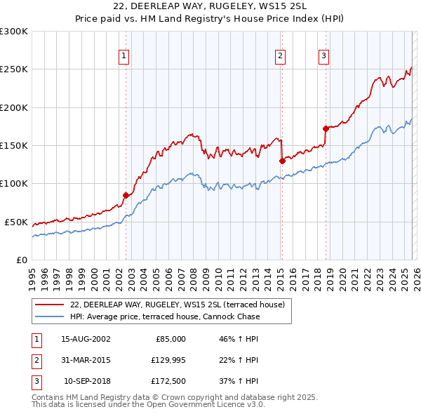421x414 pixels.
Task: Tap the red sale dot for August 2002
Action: [126, 195]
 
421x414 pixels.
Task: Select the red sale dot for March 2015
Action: [282, 161]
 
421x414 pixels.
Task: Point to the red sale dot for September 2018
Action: [326, 128]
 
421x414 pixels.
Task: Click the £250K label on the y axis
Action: [14, 69]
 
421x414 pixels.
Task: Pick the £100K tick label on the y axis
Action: [14, 184]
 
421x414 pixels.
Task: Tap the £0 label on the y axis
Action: [22, 260]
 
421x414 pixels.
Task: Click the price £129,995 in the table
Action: [166, 360]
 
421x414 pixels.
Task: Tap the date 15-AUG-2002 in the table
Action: [86, 339]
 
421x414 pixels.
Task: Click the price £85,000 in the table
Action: [170, 339]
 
